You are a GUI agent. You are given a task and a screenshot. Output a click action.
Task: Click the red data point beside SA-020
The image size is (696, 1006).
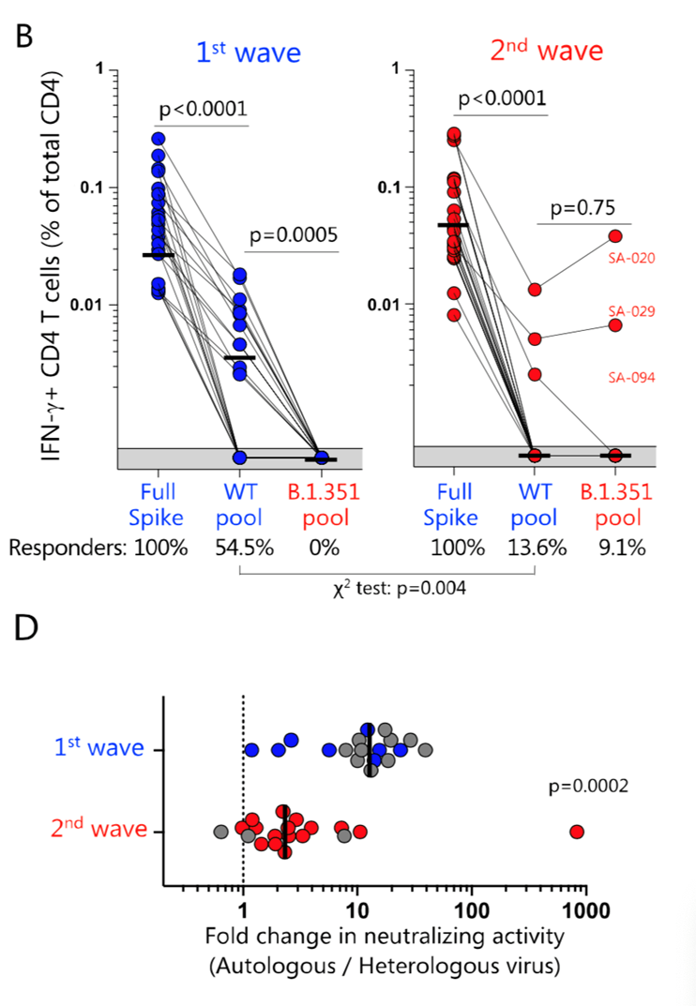615,236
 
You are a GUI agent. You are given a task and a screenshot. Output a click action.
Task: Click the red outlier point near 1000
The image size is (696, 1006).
577,832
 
